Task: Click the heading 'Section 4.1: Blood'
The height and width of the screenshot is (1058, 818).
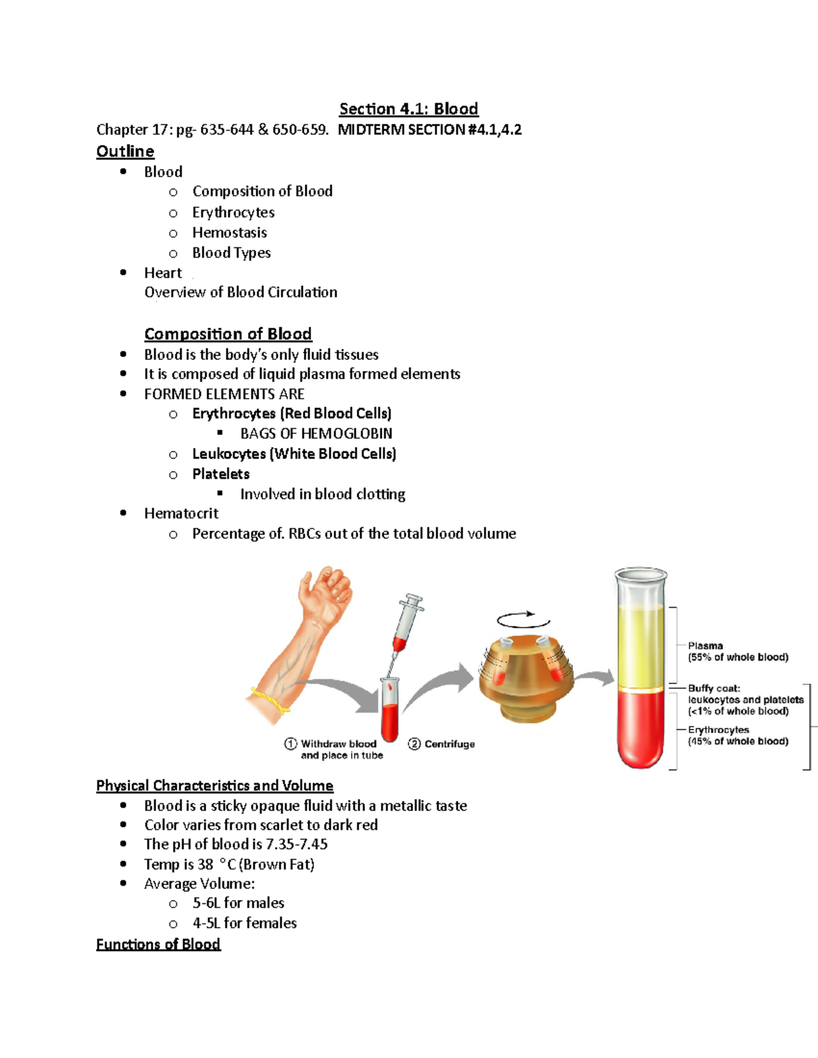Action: tap(408, 109)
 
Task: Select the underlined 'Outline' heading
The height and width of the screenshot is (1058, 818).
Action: tap(125, 151)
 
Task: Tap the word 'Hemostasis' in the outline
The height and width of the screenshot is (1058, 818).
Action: tap(229, 233)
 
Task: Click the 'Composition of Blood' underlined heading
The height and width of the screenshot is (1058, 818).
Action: tap(228, 334)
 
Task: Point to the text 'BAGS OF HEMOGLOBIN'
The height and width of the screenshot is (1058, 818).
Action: tap(316, 434)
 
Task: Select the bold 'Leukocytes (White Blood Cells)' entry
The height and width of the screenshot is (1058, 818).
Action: tap(294, 454)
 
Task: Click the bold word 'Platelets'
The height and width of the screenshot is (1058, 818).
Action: tap(221, 474)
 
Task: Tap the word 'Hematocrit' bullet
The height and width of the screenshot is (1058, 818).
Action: tap(181, 514)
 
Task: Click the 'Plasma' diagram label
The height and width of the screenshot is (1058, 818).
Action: tap(706, 646)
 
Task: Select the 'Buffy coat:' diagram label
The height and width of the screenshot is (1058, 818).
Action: tap(714, 688)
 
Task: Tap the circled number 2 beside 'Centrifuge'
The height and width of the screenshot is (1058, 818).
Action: tap(414, 744)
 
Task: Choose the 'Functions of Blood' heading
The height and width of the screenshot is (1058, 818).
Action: tap(158, 944)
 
